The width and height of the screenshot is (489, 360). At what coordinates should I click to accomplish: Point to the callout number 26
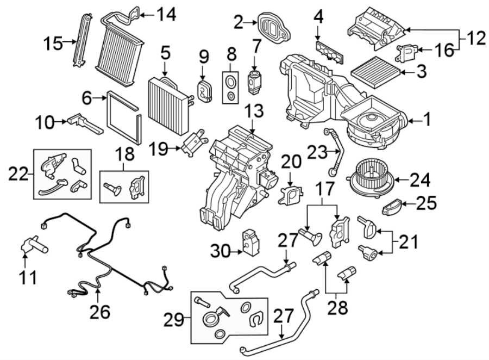101,312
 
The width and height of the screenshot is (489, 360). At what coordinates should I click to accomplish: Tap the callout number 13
252,113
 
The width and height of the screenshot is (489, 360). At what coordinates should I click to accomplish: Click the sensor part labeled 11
35,244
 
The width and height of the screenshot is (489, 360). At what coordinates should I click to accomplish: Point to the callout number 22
19,174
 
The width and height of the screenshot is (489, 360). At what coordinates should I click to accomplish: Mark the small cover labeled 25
393,208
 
